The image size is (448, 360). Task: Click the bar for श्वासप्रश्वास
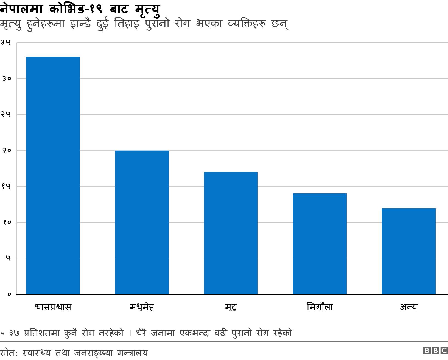53,176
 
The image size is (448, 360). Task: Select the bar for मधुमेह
142,223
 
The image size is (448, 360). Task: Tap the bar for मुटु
231,233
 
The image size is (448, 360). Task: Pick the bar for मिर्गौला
320,244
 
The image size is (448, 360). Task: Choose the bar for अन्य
409,251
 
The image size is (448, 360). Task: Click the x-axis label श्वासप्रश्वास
53,306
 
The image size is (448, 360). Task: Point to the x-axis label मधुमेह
142,306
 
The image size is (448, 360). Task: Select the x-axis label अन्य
408,306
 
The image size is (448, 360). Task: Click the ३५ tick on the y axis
6,43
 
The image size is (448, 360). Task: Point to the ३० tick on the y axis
6,78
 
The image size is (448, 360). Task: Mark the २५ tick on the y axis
6,114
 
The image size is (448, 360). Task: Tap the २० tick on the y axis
6,150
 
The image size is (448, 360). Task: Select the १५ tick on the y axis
6,186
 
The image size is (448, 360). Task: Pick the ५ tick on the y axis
8,258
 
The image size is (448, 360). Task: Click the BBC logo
435,350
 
